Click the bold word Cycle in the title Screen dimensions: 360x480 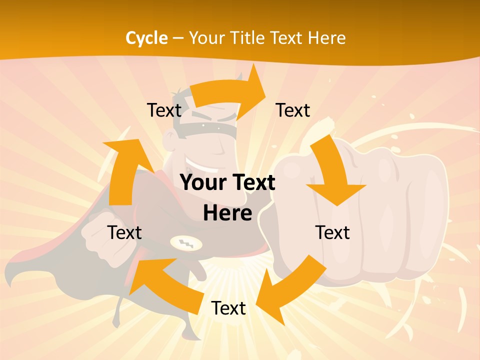pyautogui.click(x=146, y=37)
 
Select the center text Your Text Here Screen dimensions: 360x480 pyautogui.click(x=227, y=197)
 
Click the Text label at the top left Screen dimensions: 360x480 pyautogui.click(x=164, y=110)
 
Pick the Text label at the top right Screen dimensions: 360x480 pyautogui.click(x=293, y=110)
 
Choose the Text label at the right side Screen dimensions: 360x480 pyautogui.click(x=332, y=232)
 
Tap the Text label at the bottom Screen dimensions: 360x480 pyautogui.click(x=228, y=308)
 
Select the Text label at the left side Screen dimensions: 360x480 pyautogui.click(x=124, y=232)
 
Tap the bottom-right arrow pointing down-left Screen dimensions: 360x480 pyautogui.click(x=290, y=290)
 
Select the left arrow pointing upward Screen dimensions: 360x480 pyautogui.click(x=122, y=170)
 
